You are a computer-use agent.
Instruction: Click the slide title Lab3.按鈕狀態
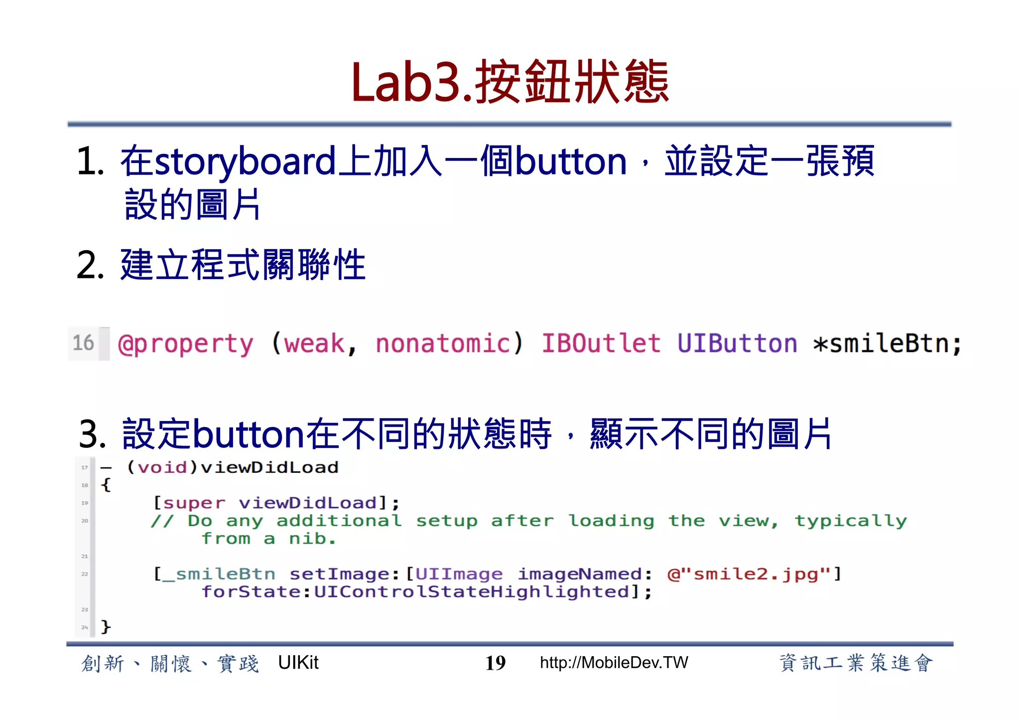510,82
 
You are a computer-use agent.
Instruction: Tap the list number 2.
90,265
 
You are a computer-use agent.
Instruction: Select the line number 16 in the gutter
83,343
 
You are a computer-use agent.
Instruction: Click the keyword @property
185,344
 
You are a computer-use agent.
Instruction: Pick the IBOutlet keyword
601,344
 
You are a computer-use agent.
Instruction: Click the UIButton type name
737,344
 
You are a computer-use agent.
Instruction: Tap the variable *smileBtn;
887,344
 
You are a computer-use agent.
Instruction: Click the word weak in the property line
314,344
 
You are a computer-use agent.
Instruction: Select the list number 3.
92,434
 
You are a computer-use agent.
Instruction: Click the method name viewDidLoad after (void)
269,467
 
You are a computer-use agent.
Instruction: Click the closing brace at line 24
106,626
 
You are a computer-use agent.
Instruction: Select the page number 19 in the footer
495,663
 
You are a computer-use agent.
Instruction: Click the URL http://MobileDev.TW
614,663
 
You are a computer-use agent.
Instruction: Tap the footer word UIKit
298,663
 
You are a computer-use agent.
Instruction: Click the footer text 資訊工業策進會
855,663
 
